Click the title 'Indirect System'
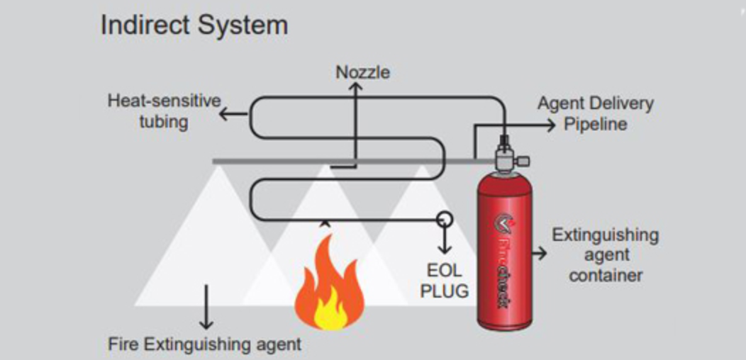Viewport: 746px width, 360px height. coord(194,26)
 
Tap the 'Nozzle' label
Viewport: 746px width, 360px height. coord(362,72)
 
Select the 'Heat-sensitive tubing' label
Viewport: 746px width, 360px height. coord(164,111)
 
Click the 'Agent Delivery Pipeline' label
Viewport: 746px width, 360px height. coord(595,113)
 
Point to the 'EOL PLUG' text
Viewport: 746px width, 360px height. coord(445,281)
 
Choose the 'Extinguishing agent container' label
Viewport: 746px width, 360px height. coord(605,254)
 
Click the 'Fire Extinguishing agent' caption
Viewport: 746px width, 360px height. coord(204,345)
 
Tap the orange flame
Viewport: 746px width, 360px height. coord(328,283)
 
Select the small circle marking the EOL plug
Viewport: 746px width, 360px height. coord(445,218)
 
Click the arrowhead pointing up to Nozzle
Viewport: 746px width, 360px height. coord(357,87)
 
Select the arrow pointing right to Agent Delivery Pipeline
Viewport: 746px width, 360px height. coord(549,124)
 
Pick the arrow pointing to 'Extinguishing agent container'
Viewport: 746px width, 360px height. coord(542,253)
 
